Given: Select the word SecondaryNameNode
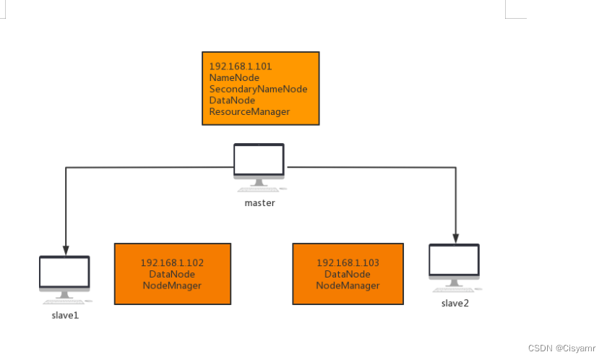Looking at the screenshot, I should coord(258,89).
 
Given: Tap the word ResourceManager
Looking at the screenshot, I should coord(249,112).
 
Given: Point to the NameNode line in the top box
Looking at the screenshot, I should coord(234,77).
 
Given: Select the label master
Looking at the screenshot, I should coord(259,203).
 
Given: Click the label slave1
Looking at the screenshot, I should coord(64,314).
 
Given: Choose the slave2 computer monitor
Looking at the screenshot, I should coord(454,262).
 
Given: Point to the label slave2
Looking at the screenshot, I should coord(455,303).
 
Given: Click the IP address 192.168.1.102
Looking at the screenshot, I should coord(172,263).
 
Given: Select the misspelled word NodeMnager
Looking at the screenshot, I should coord(172,286).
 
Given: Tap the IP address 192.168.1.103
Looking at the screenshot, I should coord(348,263).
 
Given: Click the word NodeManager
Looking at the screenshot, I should coord(348,286).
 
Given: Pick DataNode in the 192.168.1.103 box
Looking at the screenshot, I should coord(348,275).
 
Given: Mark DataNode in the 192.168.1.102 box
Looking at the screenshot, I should coord(172,275).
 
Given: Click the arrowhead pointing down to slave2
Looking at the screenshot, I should coord(456,236).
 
